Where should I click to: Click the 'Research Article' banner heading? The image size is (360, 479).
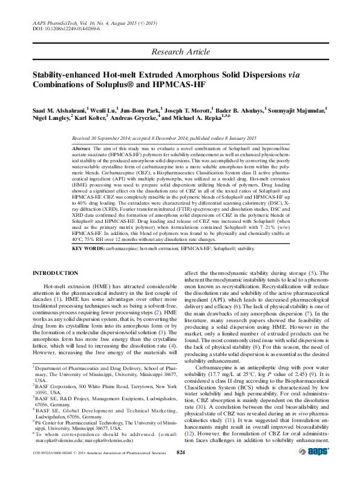pyautogui.click(x=180, y=52)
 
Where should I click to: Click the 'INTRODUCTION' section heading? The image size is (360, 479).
pyautogui.click(x=57, y=274)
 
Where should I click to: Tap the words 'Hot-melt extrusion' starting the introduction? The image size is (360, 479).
pyautogui.click(x=69, y=285)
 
